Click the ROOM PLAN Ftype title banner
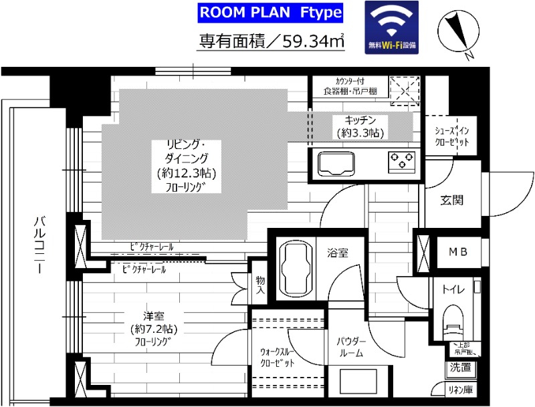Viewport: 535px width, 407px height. pos(271,13)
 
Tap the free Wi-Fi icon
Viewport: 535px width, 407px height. pos(391,27)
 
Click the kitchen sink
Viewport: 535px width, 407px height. pos(338,162)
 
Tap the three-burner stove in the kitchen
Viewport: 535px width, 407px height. pos(400,160)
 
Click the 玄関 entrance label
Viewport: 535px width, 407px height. pos(452,200)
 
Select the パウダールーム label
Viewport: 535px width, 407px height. pos(350,347)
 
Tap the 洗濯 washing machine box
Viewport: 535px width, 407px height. pos(460,367)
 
